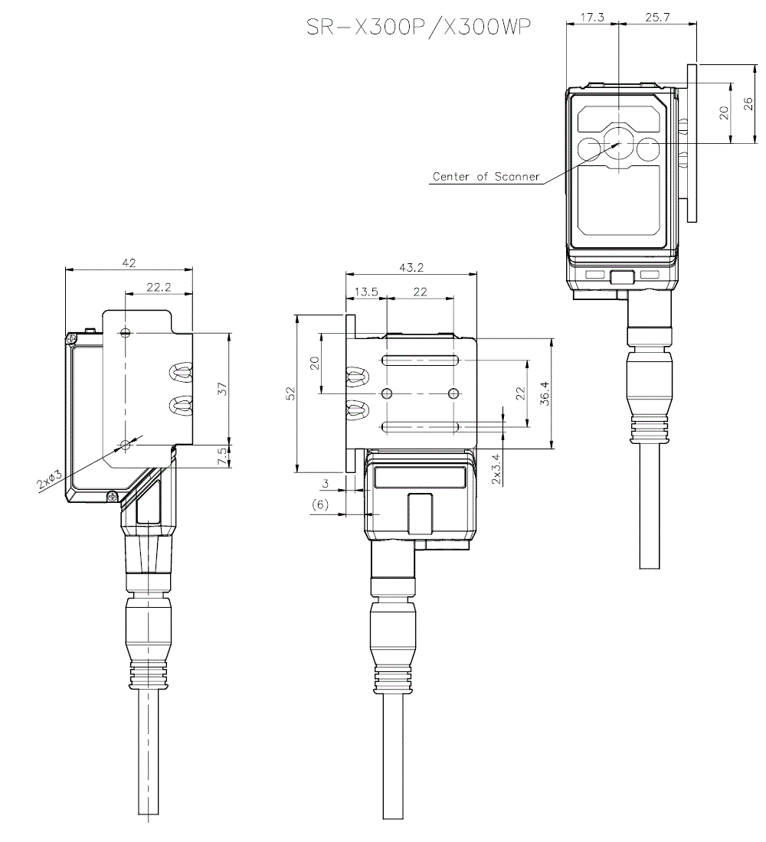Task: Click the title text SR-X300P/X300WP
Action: [x=417, y=28]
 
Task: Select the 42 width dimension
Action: [x=129, y=263]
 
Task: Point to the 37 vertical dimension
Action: [x=223, y=388]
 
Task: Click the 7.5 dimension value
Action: [x=222, y=456]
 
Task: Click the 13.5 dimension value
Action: [x=366, y=292]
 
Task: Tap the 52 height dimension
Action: [x=290, y=393]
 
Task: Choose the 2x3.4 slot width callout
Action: [x=496, y=469]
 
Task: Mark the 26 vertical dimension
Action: [x=748, y=103]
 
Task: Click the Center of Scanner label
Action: [x=486, y=177]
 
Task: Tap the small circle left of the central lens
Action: [x=589, y=149]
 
